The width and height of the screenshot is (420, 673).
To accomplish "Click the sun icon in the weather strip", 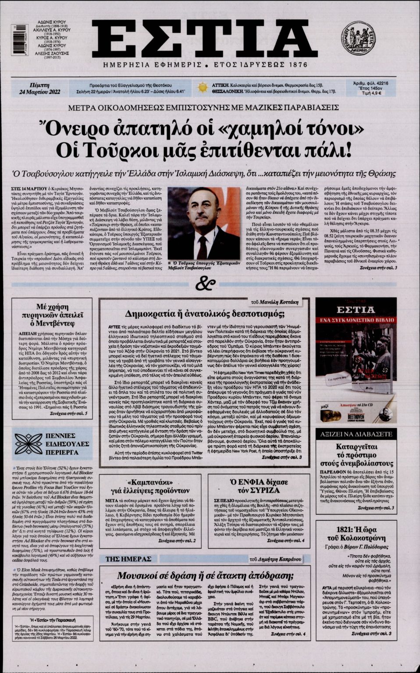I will coord(202,87).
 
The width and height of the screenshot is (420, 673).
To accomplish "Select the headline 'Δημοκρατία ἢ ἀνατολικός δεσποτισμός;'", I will coord(205,314).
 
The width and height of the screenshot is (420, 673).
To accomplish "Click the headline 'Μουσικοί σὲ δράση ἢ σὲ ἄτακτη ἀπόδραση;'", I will coord(205,575).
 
